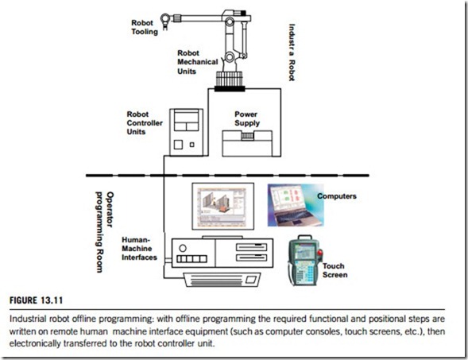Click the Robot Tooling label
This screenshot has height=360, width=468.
tap(145, 27)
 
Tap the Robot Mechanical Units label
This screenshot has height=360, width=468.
tap(198, 62)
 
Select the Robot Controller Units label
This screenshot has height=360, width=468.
tap(145, 123)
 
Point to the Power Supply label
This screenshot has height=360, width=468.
tap(247, 118)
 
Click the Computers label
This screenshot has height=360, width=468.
tap(337, 196)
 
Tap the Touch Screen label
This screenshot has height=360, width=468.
tap(335, 270)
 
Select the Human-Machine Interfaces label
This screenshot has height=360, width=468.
tap(139, 249)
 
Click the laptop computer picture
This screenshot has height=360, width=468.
tap(296, 205)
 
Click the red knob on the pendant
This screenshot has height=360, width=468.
tap(320, 254)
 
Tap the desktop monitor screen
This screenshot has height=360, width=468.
tap(223, 207)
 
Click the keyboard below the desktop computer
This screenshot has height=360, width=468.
tap(222, 280)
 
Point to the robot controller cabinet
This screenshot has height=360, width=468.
tap(186, 132)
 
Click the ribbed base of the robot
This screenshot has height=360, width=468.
tap(229, 80)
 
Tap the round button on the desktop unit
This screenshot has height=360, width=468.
tap(183, 248)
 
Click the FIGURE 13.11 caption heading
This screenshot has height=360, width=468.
tap(36, 300)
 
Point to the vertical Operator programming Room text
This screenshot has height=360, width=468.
tap(104, 232)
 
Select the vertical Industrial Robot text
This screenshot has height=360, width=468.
tap(292, 52)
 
